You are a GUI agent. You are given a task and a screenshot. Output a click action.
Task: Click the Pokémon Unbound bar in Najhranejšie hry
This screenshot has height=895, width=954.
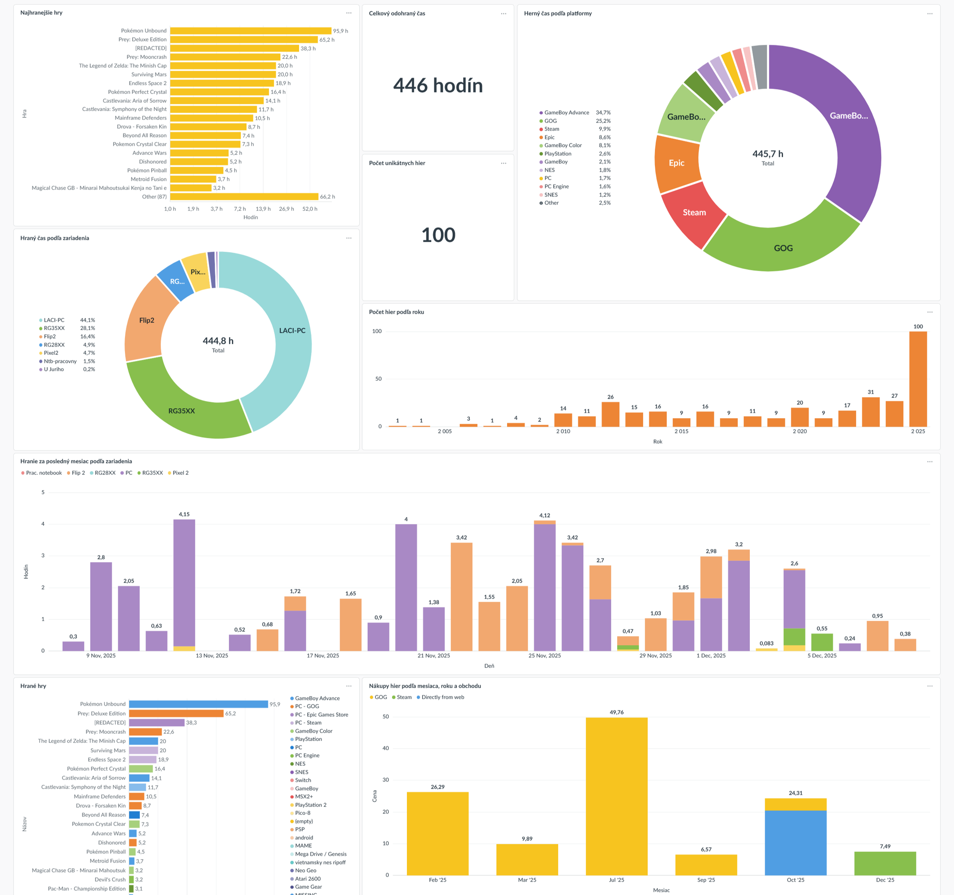point(250,31)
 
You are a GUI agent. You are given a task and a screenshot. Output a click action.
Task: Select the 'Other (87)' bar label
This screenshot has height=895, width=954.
point(154,196)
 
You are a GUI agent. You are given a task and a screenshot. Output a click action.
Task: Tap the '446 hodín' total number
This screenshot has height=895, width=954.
point(438,86)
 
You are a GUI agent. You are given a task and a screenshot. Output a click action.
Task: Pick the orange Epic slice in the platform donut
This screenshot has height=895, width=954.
point(677,163)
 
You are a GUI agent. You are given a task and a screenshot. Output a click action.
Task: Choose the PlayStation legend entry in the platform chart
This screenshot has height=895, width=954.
point(558,154)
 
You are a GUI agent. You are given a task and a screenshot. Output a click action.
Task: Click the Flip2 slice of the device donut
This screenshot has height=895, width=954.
point(146,320)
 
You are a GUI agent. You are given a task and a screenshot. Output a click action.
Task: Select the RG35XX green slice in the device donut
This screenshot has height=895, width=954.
point(181,411)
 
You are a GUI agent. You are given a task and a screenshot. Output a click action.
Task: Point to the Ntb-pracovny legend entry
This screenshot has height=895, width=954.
point(60,361)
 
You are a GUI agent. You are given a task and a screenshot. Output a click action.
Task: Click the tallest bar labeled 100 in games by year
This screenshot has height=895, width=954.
point(918,379)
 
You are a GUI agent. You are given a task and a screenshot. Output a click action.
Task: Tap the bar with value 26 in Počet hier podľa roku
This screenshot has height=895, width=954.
point(610,414)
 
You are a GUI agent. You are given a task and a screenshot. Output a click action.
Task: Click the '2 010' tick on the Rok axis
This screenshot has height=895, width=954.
point(563,431)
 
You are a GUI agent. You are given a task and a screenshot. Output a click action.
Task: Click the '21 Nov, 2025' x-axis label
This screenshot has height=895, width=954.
point(434,656)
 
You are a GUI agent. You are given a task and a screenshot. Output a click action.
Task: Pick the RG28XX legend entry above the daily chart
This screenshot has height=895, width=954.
point(104,473)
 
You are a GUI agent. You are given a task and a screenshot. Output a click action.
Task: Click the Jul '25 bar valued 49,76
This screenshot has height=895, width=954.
point(616,796)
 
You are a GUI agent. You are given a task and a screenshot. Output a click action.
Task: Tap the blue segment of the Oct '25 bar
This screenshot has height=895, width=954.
point(795,843)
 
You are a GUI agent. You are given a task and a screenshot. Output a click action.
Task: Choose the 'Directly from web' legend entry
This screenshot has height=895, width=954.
point(443,698)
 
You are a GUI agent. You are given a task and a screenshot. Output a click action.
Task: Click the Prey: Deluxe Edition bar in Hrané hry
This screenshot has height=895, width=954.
point(176,714)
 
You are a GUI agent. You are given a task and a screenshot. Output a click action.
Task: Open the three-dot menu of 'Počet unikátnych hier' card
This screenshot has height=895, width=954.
point(503,163)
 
